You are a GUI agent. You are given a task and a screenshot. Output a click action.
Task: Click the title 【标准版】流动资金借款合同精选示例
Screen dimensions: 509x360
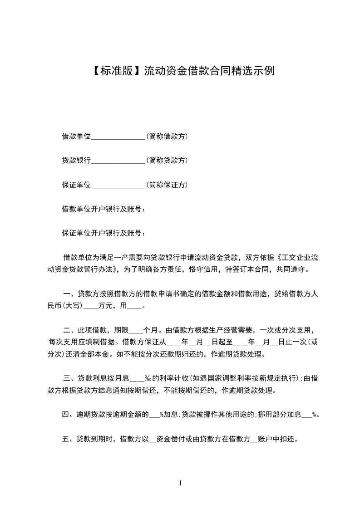[180, 71]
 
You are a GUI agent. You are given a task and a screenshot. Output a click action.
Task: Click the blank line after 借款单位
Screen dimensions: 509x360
[118, 137]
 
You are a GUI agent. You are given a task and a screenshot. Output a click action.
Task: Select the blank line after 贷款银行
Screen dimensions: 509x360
[118, 161]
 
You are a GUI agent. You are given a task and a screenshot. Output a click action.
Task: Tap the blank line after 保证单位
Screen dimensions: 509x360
[118, 186]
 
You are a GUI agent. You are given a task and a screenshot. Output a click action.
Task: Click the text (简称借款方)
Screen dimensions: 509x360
[167, 136]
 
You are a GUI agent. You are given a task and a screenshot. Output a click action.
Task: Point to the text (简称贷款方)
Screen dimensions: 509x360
[167, 161]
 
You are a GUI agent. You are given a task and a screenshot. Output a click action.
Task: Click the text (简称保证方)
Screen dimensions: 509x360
[167, 185]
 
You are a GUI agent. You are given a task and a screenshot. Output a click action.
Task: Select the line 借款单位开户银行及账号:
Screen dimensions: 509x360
[104, 209]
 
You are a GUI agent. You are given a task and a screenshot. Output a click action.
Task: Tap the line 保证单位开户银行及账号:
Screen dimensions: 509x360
[104, 233]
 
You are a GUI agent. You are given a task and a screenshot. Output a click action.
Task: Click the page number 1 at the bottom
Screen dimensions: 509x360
[180, 484]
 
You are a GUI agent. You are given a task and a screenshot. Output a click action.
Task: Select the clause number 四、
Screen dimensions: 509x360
[69, 414]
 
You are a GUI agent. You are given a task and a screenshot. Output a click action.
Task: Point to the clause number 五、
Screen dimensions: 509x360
[69, 439]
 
